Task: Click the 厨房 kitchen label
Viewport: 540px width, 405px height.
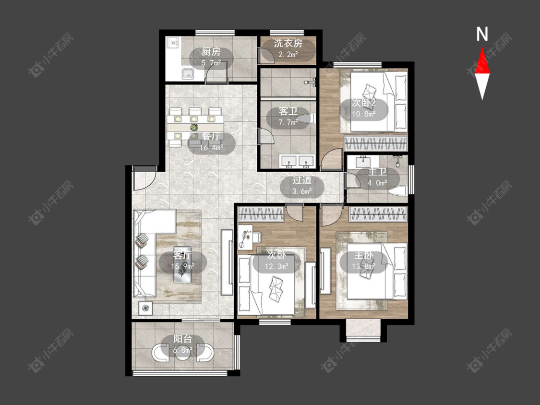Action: [211, 52]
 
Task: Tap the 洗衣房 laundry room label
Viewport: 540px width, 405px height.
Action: [288, 43]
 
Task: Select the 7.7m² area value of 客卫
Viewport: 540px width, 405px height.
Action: [288, 122]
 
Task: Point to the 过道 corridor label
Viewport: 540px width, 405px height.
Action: [302, 180]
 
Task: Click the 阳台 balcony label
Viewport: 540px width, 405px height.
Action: [182, 339]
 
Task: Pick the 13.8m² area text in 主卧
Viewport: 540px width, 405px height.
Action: [364, 266]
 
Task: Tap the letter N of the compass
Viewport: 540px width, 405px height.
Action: [482, 34]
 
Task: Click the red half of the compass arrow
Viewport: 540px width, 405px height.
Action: [482, 60]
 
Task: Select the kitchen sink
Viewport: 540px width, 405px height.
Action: [188, 74]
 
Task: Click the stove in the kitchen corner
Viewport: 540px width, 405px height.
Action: [173, 43]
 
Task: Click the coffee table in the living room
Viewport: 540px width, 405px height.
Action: [182, 265]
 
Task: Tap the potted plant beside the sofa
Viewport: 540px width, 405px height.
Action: [146, 308]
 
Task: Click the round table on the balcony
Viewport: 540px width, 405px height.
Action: [182, 352]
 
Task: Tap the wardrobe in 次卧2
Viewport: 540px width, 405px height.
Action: [376, 143]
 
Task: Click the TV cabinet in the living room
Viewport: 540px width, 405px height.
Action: [227, 262]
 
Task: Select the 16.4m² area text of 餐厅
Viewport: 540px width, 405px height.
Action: [211, 148]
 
